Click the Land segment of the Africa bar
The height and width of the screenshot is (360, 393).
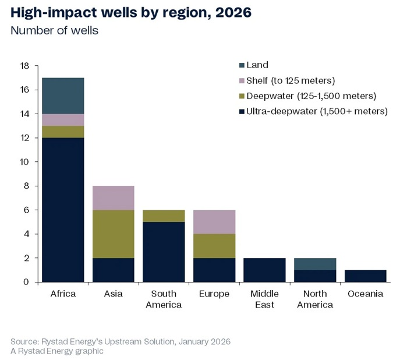pyautogui.click(x=63, y=96)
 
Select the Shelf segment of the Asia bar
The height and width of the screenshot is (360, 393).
pyautogui.click(x=114, y=198)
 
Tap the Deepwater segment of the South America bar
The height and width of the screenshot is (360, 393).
pyautogui.click(x=164, y=216)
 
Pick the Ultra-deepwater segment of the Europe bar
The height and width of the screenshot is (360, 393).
pyautogui.click(x=214, y=270)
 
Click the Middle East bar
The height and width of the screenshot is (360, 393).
pyautogui.click(x=265, y=270)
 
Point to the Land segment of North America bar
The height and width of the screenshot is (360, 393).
pyautogui.click(x=315, y=264)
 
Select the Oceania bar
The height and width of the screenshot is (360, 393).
pyautogui.click(x=366, y=276)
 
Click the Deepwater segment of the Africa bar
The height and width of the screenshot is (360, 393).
pyautogui.click(x=63, y=132)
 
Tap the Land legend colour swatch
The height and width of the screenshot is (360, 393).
pyautogui.click(x=240, y=65)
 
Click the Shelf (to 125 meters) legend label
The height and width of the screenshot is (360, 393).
pyautogui.click(x=291, y=80)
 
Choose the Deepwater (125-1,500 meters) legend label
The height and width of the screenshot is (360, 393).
pyautogui.click(x=311, y=96)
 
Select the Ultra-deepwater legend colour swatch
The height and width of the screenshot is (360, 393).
pyautogui.click(x=240, y=111)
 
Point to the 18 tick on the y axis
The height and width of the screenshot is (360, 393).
pyautogui.click(x=24, y=66)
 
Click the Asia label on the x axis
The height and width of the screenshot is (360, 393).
pyautogui.click(x=114, y=294)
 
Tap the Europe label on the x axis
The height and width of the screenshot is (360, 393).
pyautogui.click(x=214, y=294)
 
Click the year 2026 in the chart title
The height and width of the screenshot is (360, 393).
pyautogui.click(x=230, y=12)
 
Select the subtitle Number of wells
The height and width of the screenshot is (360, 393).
pyautogui.click(x=55, y=30)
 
